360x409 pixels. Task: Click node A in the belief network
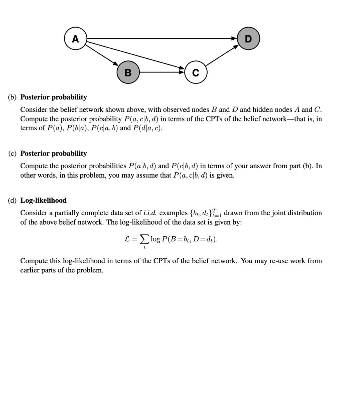click(x=75, y=39)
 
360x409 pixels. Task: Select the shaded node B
click(x=128, y=72)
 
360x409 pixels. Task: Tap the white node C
click(x=196, y=72)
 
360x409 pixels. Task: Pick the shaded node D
click(x=248, y=39)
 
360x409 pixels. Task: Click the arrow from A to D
click(x=162, y=39)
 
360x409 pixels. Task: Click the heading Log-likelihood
click(x=43, y=200)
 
